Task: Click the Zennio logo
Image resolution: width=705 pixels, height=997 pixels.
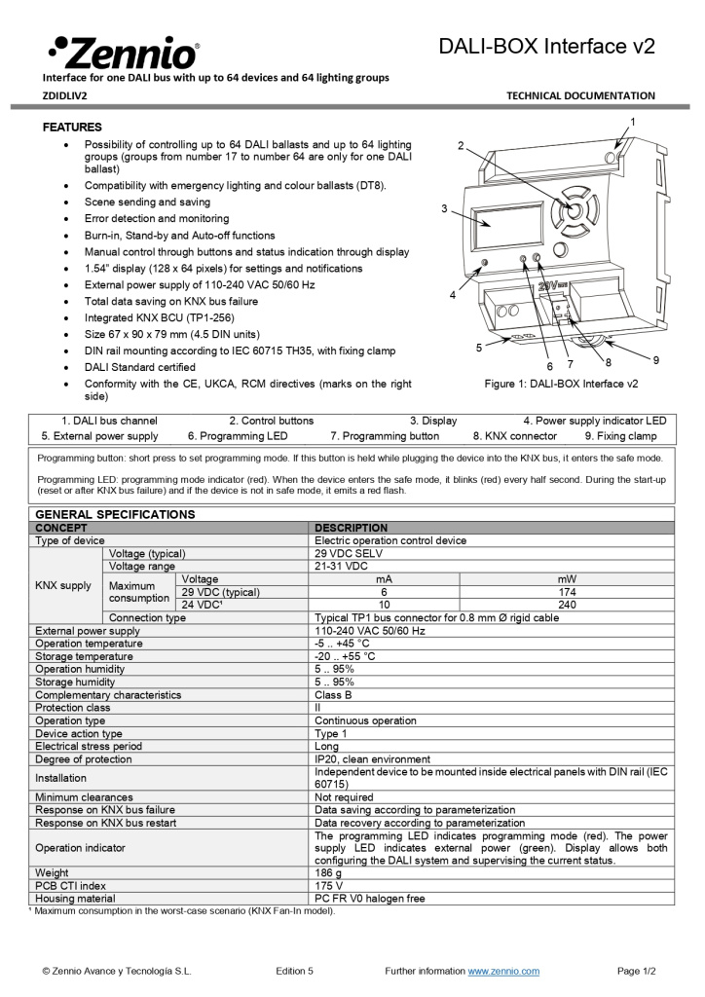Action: [123, 51]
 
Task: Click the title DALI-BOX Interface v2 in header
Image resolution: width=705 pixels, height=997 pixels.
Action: [546, 46]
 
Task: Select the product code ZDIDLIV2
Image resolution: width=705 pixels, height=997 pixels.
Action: [64, 95]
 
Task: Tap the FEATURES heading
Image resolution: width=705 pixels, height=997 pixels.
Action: [72, 128]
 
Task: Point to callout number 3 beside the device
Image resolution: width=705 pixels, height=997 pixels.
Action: [444, 208]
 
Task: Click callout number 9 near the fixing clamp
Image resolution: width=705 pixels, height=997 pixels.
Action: [655, 360]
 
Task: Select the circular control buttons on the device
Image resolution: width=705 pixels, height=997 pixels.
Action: [573, 208]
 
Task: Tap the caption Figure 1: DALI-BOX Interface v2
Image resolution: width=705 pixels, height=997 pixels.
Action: [561, 384]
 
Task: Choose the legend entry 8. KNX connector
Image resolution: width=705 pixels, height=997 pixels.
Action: [515, 436]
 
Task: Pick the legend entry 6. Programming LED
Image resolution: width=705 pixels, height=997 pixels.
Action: [238, 436]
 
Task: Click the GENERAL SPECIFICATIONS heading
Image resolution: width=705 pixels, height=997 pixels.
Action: [115, 513]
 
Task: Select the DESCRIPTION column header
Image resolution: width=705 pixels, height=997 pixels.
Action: [351, 528]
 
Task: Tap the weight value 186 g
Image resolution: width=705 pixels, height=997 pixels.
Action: [328, 873]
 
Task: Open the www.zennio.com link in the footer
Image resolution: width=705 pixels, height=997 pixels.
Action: [503, 971]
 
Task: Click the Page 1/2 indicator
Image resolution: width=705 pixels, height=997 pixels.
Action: [637, 971]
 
